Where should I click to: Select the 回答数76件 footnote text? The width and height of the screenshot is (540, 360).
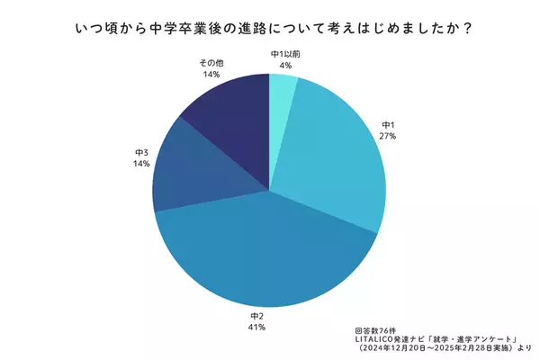point(376,319)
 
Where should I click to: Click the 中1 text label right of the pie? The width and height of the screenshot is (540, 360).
point(388,124)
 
